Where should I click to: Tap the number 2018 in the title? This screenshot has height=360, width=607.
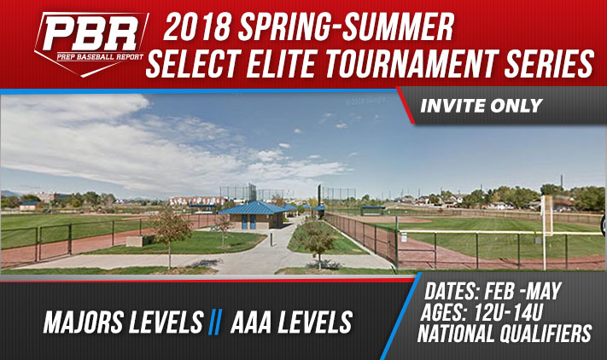point(196,28)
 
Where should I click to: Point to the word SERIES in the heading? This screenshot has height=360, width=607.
point(549,64)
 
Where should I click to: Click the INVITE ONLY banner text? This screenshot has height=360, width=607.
point(482,106)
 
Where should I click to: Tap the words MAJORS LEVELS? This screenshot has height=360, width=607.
point(123,322)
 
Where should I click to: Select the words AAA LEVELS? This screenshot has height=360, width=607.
point(291,322)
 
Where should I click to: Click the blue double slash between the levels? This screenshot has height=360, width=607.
point(215,322)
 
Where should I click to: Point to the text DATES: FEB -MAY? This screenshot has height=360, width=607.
point(493,291)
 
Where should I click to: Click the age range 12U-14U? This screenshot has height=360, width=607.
point(508,312)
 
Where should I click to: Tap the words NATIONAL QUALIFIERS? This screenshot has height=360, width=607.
point(505,334)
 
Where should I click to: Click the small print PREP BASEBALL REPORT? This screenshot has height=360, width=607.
point(100,57)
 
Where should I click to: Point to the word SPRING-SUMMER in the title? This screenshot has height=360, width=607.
point(346,28)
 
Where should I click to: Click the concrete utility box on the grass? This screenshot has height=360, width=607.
point(135,241)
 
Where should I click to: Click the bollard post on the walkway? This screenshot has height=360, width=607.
point(271,239)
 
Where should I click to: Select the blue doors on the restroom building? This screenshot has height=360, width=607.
point(248,222)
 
